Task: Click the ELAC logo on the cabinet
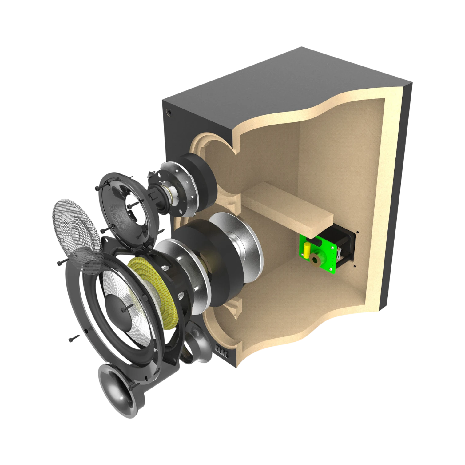click(221, 352)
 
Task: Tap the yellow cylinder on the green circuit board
click(307, 250)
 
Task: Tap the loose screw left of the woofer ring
click(74, 338)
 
